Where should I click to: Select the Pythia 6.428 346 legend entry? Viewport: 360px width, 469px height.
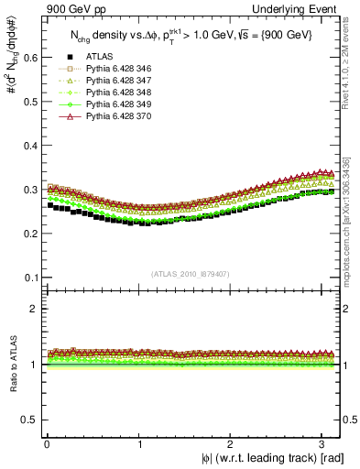pos(117,93)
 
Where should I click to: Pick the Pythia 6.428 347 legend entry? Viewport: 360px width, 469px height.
pos(117,105)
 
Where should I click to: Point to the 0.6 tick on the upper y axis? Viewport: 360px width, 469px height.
pos(40,57)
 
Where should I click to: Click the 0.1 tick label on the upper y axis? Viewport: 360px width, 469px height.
pos(28,278)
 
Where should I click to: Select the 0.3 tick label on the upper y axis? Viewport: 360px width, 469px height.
pos(28,190)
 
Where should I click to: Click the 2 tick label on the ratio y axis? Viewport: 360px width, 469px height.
pos(33,309)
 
